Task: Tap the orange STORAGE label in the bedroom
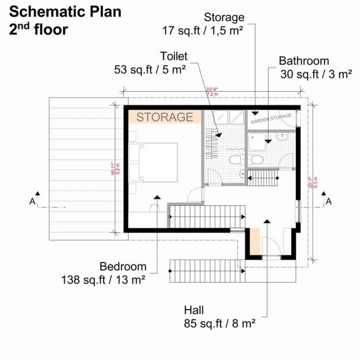tap(164, 117)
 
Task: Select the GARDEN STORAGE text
tap(271, 119)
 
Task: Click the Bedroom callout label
tap(123, 267)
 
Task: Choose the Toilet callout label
tap(174, 56)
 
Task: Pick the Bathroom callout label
tap(304, 60)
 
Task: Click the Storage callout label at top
tap(224, 17)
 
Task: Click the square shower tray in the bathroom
tap(258, 142)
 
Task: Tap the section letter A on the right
tap(327, 202)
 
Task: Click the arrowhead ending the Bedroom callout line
tap(157, 197)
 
